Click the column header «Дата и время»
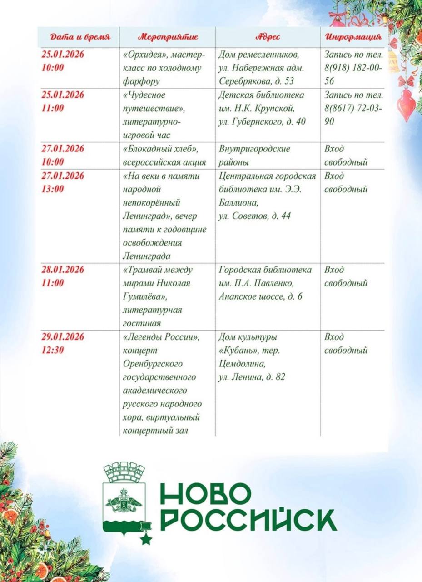click(79, 37)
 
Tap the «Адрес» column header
click(268, 37)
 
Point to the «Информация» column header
click(353, 37)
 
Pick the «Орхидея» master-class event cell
click(164, 68)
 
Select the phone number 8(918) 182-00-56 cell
click(353, 68)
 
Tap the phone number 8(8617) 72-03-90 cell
click(353, 108)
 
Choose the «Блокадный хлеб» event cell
click(164, 156)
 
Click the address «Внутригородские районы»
click(254, 156)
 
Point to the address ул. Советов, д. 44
click(254, 216)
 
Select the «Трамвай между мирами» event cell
click(158, 296)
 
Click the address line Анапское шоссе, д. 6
click(260, 296)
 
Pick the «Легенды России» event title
click(162, 337)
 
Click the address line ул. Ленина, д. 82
click(252, 376)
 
